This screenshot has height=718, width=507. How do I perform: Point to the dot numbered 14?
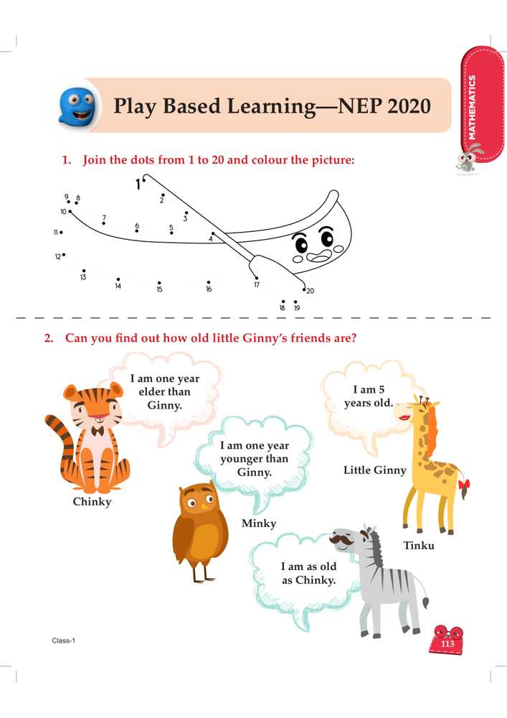(x=118, y=279)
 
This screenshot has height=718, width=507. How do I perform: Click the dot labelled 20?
(x=304, y=289)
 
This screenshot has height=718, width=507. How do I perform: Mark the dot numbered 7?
(x=103, y=223)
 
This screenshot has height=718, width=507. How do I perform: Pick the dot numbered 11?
(x=61, y=232)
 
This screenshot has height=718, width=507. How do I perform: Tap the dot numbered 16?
(x=209, y=282)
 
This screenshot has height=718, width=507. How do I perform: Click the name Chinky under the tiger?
(x=92, y=502)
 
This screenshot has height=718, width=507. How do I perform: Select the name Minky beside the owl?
(x=259, y=523)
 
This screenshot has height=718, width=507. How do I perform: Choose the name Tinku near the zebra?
(x=419, y=546)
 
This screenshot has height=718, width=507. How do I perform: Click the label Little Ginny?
(x=375, y=470)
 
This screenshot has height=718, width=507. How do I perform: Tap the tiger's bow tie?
(x=97, y=431)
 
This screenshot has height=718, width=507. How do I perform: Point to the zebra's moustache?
(x=341, y=541)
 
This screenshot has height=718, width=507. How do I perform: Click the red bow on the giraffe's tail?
(x=464, y=484)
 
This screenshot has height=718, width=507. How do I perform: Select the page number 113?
(x=447, y=644)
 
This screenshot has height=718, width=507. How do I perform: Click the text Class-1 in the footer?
(x=64, y=640)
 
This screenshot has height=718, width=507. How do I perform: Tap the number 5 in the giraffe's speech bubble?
(x=382, y=390)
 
